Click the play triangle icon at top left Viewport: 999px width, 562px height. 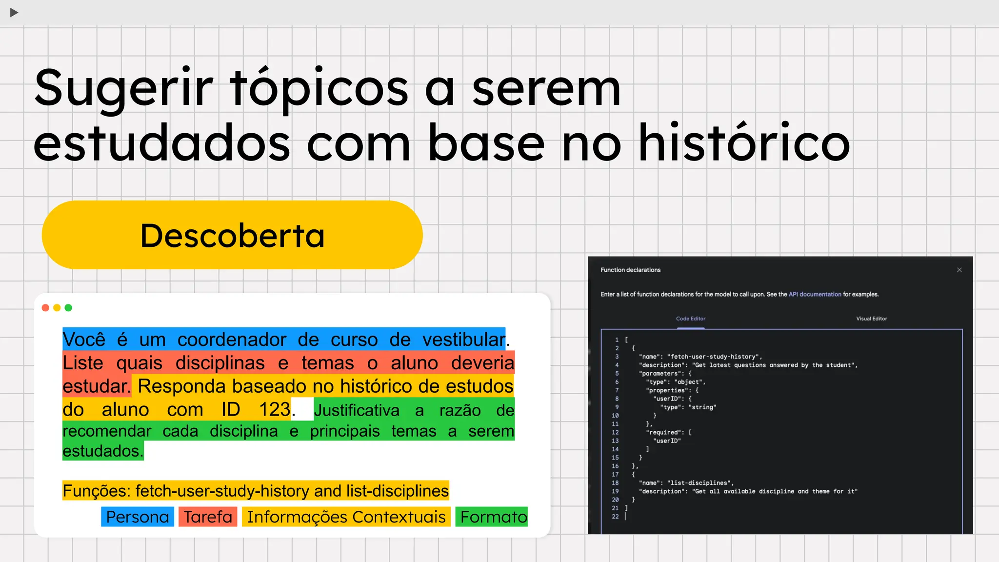(x=14, y=13)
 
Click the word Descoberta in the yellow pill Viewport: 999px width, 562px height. (x=232, y=236)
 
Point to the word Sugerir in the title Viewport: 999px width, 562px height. (x=124, y=89)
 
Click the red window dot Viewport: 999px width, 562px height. (x=45, y=308)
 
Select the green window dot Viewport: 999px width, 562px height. (x=68, y=308)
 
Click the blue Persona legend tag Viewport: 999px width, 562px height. (x=138, y=517)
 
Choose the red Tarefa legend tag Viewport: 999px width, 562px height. (x=208, y=517)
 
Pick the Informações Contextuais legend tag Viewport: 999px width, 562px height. (x=346, y=517)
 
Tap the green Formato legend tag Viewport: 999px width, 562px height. (x=493, y=517)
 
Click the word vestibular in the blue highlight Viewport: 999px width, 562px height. (x=463, y=340)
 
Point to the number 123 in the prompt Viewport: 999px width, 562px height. (x=275, y=409)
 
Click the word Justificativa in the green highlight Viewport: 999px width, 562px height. (x=357, y=410)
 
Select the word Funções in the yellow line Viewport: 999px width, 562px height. (x=96, y=491)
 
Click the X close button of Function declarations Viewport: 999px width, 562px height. (x=959, y=270)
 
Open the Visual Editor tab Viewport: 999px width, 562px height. (x=872, y=319)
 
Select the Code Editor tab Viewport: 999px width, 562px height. (x=691, y=319)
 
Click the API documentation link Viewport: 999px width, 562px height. (x=815, y=294)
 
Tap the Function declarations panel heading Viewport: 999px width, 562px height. (x=630, y=270)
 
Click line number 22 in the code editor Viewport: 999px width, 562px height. (x=615, y=517)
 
